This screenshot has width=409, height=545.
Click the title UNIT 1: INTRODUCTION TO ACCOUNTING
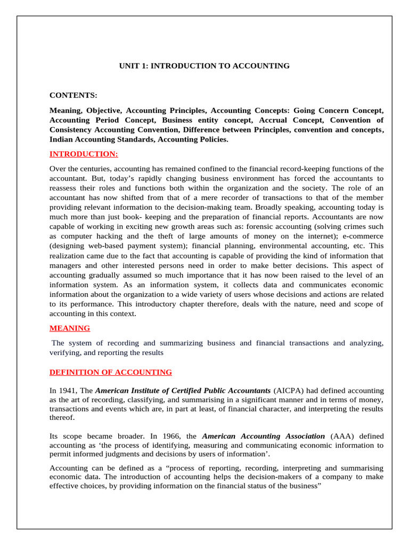204,66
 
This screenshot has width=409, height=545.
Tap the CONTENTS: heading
73,95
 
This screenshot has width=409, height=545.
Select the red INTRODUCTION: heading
84,154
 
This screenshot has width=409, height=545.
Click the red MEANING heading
70,328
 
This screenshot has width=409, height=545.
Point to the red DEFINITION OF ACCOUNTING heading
110,372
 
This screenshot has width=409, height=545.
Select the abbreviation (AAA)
343,435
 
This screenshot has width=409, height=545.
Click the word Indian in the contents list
62,139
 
